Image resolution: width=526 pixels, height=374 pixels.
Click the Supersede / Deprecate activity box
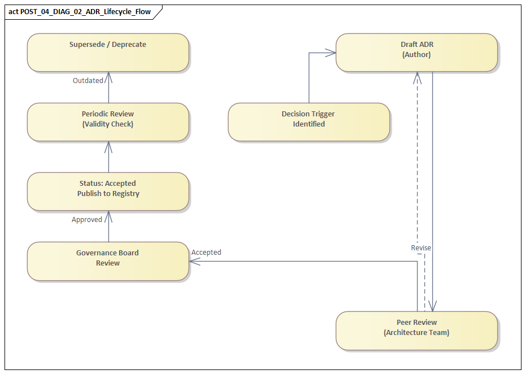tap(108, 53)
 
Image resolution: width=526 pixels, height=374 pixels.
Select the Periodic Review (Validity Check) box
tap(108, 122)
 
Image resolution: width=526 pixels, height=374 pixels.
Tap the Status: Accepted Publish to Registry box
tap(108, 192)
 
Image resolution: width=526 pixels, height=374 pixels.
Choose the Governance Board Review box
tap(108, 261)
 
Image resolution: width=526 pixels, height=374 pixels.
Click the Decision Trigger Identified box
tap(309, 122)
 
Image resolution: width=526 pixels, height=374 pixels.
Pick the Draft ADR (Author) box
tap(417, 53)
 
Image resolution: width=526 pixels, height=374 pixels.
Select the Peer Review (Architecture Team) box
tap(417, 330)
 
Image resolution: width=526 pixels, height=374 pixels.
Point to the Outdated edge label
tap(88, 81)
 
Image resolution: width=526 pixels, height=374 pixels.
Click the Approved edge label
tap(87, 220)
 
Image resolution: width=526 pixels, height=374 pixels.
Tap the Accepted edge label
tap(207, 253)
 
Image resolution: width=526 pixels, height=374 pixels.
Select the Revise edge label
tap(421, 248)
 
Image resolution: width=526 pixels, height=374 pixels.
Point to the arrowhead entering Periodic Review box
tap(108, 146)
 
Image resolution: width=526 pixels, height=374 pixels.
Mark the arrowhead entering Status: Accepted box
tap(108, 215)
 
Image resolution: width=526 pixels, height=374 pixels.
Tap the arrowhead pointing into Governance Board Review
tap(194, 262)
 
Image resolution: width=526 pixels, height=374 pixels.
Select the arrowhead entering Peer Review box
tap(432, 307)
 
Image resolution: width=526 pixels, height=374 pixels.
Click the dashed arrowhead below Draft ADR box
tap(417, 76)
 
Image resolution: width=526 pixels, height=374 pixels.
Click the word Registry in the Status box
tap(125, 194)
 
